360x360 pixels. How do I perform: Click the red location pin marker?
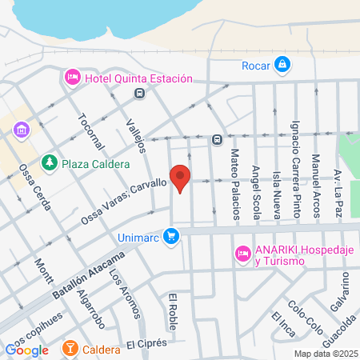[x=181, y=179]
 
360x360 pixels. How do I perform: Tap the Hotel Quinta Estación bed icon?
[x=71, y=78]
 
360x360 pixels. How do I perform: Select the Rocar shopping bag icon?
[x=282, y=65]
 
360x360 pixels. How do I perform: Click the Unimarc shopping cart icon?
[x=170, y=236]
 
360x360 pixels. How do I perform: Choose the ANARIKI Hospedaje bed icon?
[x=242, y=254]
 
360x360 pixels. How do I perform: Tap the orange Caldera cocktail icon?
[x=70, y=349]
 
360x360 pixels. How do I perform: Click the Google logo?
[x=27, y=350]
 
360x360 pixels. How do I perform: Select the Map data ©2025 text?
[x=325, y=354]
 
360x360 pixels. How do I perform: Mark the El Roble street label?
[x=172, y=313]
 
